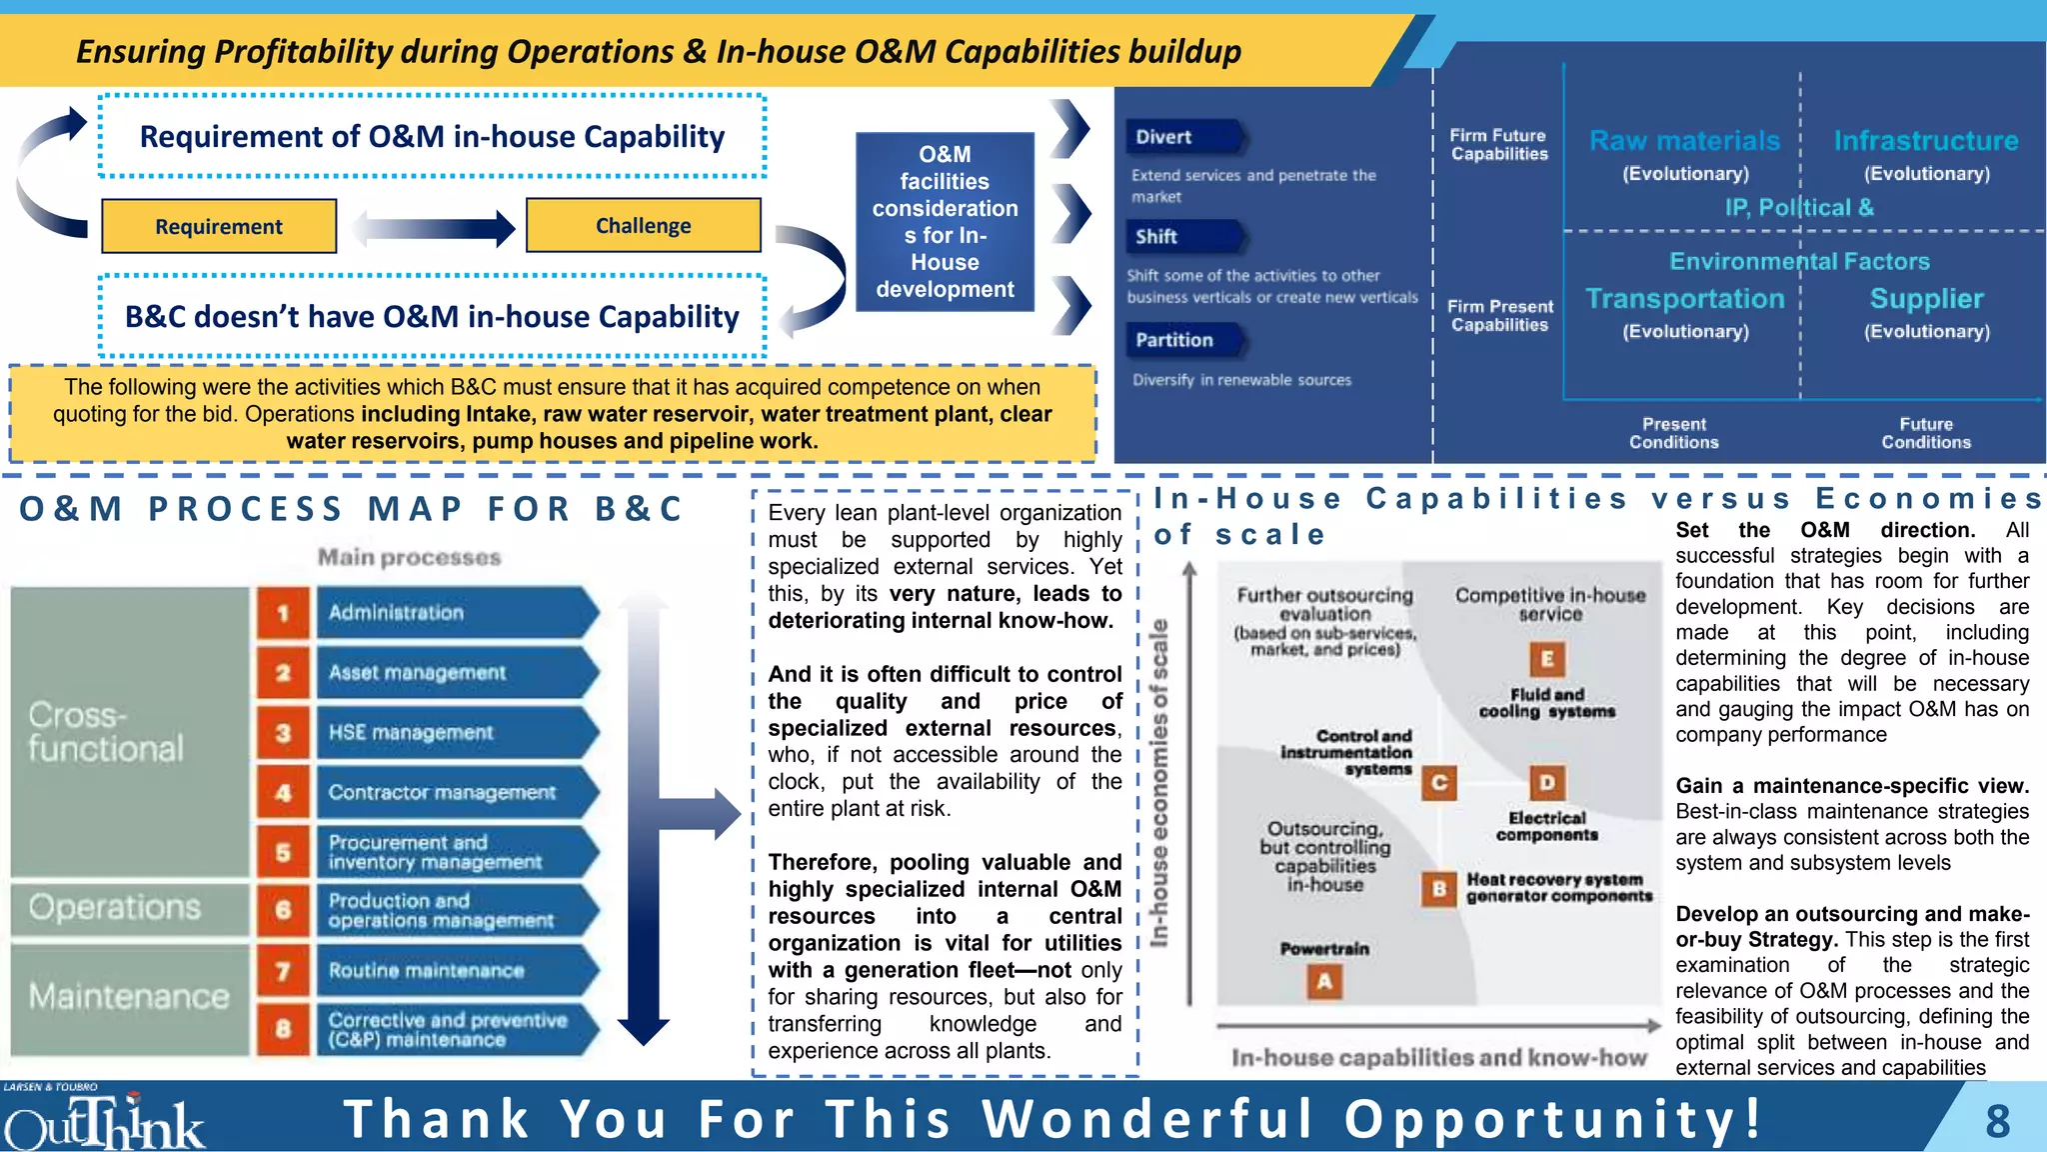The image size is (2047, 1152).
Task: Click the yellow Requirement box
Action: [x=219, y=226]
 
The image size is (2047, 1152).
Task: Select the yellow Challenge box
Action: [x=643, y=225]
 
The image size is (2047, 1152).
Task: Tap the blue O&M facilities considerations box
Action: [x=945, y=222]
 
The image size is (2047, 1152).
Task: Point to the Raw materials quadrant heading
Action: [x=1685, y=141]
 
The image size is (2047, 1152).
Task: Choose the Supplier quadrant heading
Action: [x=1927, y=299]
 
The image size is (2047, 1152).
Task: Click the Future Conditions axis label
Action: [x=1926, y=433]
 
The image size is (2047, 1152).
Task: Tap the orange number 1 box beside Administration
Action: [x=283, y=612]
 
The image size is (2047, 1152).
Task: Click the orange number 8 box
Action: [x=283, y=1029]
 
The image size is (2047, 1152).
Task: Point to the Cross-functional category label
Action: [x=106, y=732]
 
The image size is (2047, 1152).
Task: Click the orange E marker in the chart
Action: [x=1547, y=659]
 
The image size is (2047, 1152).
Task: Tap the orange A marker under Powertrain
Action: [x=1324, y=982]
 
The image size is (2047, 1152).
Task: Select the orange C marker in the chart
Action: [x=1439, y=783]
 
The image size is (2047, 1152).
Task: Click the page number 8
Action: [x=1997, y=1121]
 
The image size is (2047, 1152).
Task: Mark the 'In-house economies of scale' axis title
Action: [x=1159, y=783]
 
